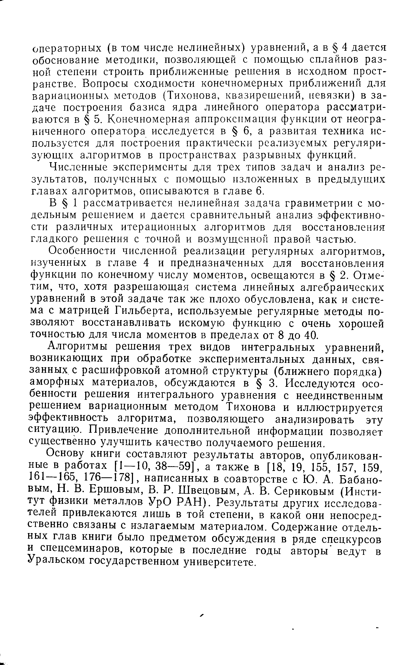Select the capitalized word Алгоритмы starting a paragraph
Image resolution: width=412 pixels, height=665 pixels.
(79, 347)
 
